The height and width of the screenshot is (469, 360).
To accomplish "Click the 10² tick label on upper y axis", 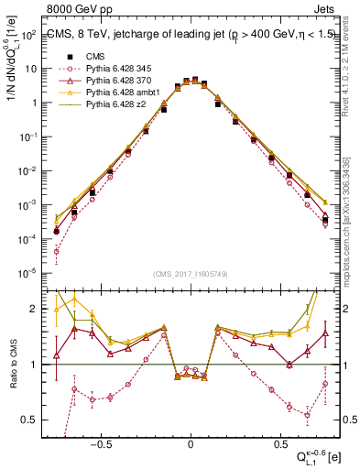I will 29,35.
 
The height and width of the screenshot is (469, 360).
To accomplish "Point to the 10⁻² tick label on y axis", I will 29,171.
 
